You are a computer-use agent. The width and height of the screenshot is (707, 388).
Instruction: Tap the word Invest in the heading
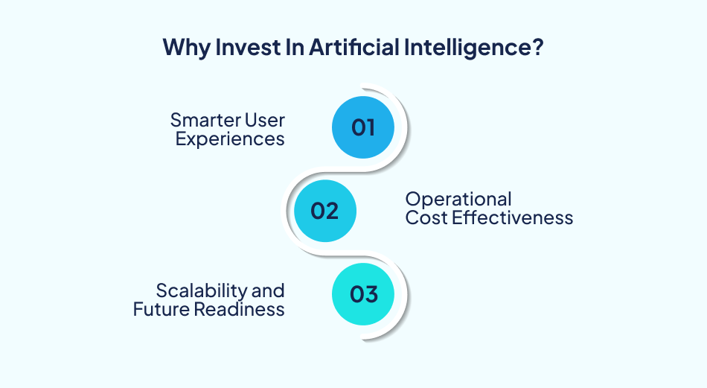[x=236, y=48]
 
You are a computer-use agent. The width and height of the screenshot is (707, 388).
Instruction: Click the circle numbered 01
[x=363, y=127]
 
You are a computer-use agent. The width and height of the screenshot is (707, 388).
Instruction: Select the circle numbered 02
[x=324, y=211]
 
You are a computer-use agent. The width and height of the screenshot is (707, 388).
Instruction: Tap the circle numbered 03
[x=363, y=294]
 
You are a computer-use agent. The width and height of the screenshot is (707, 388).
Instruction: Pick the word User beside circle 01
[x=266, y=119]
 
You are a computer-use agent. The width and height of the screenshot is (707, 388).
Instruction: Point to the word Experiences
[x=230, y=139]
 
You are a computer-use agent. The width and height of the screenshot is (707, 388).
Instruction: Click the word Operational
[x=458, y=199]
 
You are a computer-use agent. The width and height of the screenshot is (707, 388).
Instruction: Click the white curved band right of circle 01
[x=405, y=127]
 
